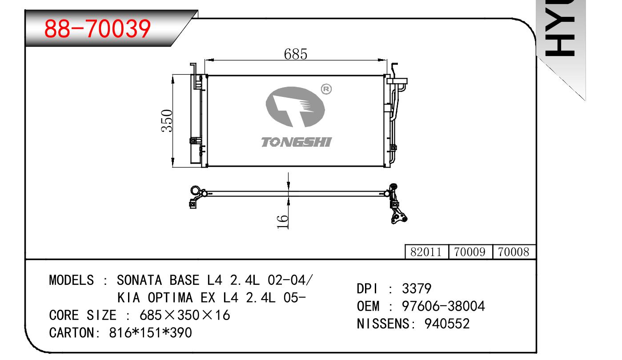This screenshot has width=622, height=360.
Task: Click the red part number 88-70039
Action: (x=97, y=29)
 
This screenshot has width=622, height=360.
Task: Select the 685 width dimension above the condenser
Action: (x=296, y=54)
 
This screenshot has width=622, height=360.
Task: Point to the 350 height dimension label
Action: (x=167, y=121)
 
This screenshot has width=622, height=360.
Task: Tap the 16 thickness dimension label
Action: (x=283, y=221)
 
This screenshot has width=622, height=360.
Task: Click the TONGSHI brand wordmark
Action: (x=296, y=142)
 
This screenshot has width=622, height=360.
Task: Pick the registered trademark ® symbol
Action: (x=326, y=89)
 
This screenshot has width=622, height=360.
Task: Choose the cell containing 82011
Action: (x=426, y=252)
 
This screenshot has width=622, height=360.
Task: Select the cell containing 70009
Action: (x=470, y=252)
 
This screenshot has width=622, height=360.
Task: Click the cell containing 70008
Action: (x=514, y=252)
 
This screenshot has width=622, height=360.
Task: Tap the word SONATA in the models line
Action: (x=139, y=280)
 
